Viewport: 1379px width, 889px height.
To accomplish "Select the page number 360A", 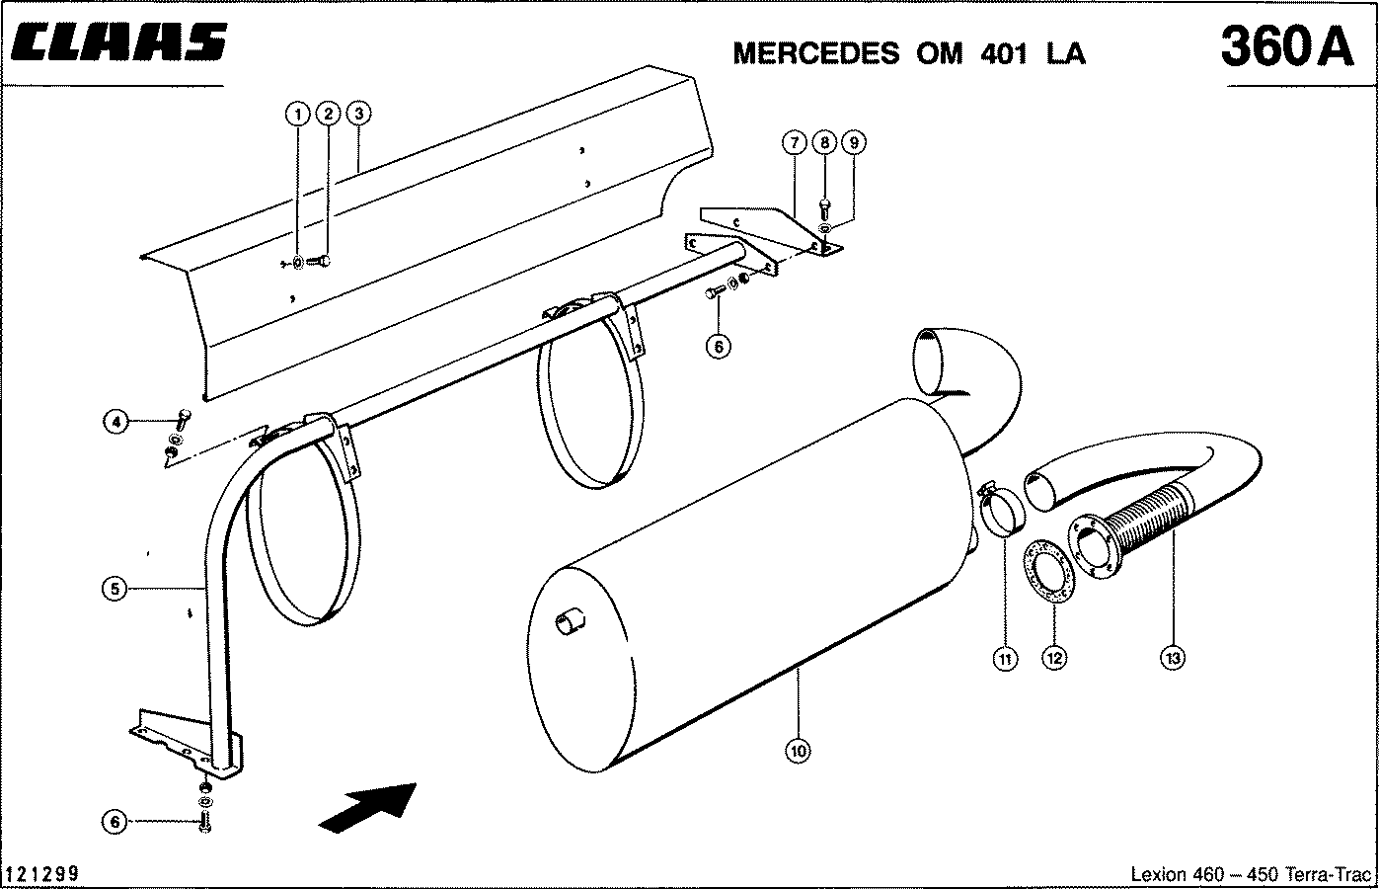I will tap(1285, 46).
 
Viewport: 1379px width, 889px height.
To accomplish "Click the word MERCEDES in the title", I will tap(815, 53).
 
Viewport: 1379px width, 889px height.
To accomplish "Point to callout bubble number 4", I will tap(115, 423).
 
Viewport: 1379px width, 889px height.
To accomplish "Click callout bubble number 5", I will tap(115, 589).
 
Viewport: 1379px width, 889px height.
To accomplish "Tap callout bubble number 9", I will tap(855, 142).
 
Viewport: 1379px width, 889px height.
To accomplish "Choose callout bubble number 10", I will tap(799, 752).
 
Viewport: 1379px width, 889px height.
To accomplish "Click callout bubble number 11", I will tap(1005, 658).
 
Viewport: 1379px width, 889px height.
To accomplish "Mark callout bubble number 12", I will tap(1055, 658).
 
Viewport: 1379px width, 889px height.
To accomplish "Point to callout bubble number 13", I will tap(1173, 658).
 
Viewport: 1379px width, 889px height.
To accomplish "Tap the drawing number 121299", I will tap(42, 874).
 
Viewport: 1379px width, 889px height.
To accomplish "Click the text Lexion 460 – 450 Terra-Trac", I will tap(1251, 875).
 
